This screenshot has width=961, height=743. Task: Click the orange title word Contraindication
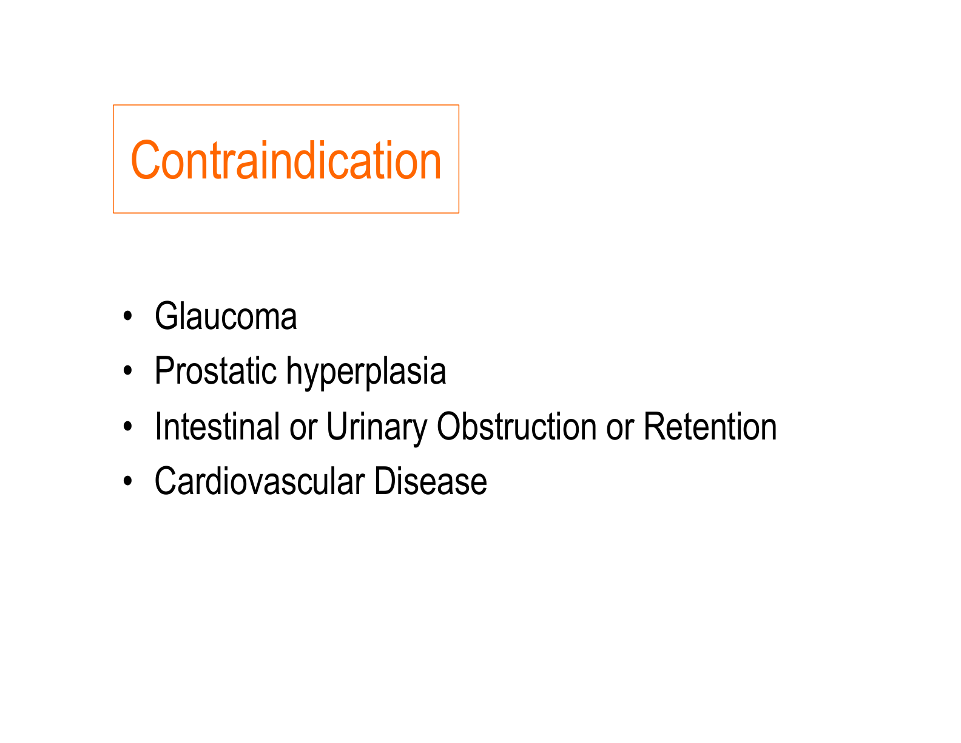[x=286, y=160]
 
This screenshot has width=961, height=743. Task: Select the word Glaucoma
[x=226, y=317]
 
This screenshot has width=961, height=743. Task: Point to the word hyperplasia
[x=366, y=373]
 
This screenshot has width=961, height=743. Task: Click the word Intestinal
[x=217, y=426]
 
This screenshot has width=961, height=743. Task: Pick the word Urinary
[x=377, y=427]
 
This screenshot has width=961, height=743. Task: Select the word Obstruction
[x=516, y=426]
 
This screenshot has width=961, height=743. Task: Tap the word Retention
[x=709, y=426]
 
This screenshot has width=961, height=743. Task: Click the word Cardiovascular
[x=259, y=481]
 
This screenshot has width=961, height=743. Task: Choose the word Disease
[x=430, y=481]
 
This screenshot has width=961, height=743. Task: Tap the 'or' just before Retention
[x=619, y=427]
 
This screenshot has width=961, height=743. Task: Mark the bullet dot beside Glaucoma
[x=127, y=317]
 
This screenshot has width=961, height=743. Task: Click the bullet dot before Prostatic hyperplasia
[x=127, y=371]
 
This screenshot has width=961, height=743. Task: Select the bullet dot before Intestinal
[x=127, y=427]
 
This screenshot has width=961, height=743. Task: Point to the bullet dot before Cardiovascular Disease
[x=127, y=482]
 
